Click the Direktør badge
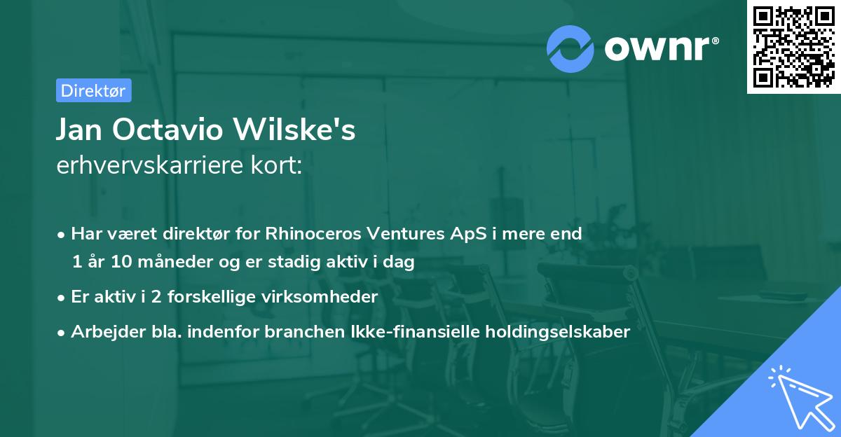93,90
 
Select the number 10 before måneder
116,263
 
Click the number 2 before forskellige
162,297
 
